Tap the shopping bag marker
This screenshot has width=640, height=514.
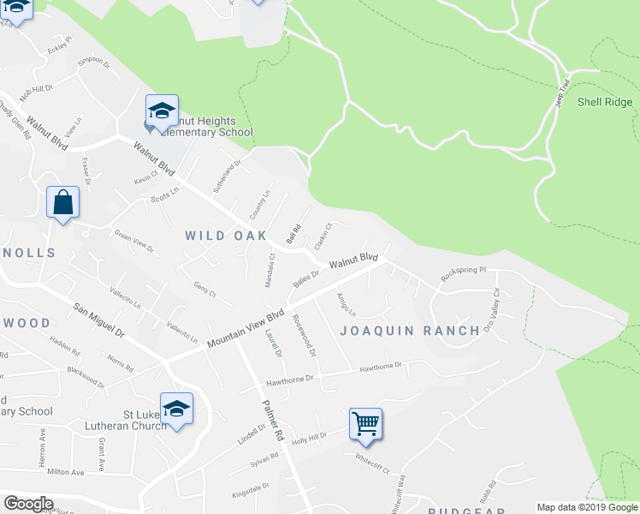[x=62, y=203]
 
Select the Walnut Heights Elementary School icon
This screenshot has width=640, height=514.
[x=162, y=111]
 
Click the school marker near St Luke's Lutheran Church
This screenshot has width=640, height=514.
[x=176, y=409]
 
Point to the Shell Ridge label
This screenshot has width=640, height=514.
[x=605, y=101]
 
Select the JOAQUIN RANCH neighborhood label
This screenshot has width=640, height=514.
[x=410, y=331]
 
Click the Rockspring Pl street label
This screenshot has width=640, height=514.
[x=463, y=274]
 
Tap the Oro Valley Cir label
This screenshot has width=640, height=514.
[x=490, y=314]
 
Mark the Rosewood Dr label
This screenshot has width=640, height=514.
[x=305, y=336]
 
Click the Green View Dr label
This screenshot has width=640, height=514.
[x=134, y=241]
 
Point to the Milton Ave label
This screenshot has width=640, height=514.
[x=67, y=472]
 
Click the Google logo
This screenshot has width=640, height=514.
[x=28, y=504]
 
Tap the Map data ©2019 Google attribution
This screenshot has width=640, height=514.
[x=587, y=507]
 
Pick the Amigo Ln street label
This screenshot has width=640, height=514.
[x=346, y=305]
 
